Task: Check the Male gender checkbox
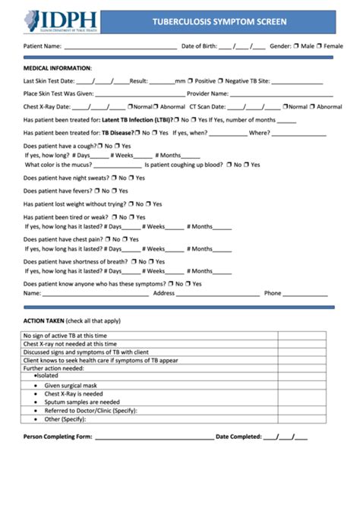pos(297,46)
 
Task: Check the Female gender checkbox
pos(320,46)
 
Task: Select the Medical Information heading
pos(58,68)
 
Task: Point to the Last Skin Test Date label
pos(49,80)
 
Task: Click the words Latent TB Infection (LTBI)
pos(136,120)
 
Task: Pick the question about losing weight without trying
pos(74,204)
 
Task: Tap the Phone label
pos(273,293)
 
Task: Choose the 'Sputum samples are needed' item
pos(82,402)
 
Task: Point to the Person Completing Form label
pos(58,437)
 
